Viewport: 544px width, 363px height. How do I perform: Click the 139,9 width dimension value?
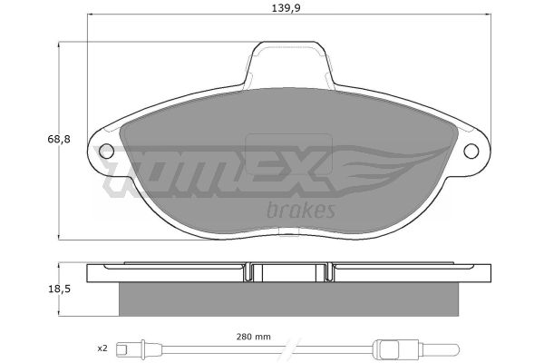[x=286, y=8]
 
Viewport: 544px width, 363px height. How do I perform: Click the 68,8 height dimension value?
[x=59, y=139]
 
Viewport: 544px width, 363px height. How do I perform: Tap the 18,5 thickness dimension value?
[x=59, y=289]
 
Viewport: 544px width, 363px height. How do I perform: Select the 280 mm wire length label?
[x=254, y=337]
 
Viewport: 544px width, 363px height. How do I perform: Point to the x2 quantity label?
[x=102, y=348]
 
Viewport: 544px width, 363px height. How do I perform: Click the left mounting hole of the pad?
[x=106, y=152]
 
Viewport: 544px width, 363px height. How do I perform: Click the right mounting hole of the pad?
[x=471, y=152]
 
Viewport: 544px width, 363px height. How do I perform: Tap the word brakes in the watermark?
[x=301, y=210]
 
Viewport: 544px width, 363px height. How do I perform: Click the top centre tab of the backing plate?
[x=288, y=63]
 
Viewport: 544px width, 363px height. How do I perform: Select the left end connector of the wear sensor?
[x=130, y=348]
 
